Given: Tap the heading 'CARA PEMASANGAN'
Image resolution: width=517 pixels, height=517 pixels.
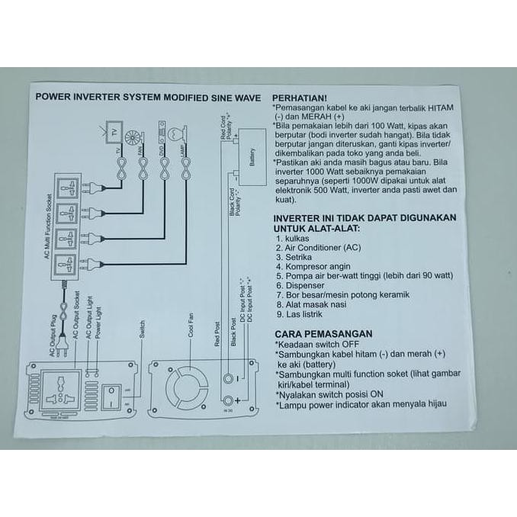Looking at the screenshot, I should click(x=323, y=333).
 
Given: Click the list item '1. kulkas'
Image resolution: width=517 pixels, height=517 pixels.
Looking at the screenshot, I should click(x=293, y=239).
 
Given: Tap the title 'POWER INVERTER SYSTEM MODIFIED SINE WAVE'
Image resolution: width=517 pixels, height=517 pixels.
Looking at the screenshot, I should click(x=149, y=98).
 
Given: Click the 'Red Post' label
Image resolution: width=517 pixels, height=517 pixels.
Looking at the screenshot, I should click(x=218, y=332).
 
